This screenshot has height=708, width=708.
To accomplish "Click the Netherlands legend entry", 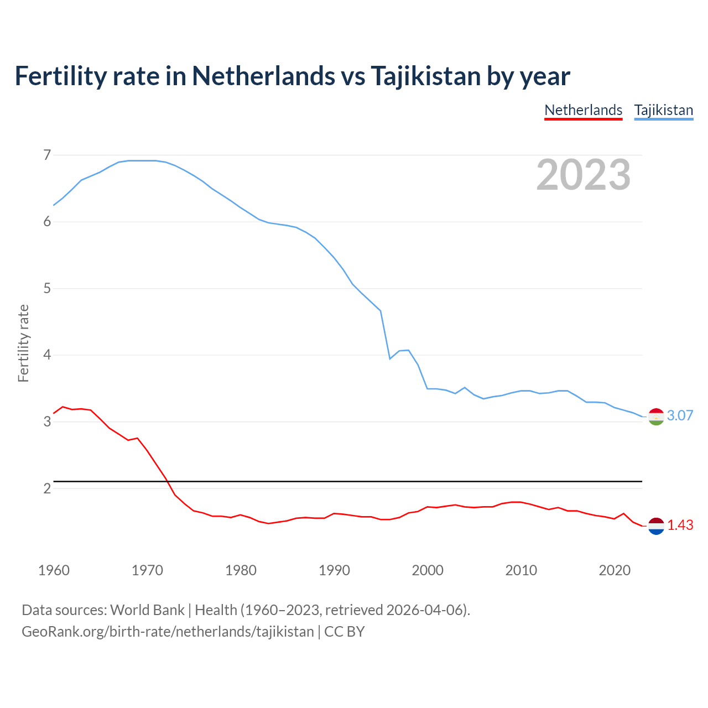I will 583,110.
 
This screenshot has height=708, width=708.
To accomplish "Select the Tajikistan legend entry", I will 663,110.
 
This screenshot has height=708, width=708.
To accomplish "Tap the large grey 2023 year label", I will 583,175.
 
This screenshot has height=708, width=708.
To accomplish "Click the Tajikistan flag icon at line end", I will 656,417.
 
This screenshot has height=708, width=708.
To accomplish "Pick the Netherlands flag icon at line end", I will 656,526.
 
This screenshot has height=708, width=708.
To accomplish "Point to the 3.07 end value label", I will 680,415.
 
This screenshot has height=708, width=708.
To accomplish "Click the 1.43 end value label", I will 680,525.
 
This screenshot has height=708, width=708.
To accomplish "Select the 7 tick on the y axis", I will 47,155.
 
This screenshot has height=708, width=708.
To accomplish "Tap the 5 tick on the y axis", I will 47,288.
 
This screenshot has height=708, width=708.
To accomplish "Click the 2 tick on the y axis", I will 47,488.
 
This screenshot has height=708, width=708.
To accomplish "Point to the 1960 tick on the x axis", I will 54,570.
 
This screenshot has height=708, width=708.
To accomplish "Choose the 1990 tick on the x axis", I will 334,570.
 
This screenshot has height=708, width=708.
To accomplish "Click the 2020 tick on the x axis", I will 615,570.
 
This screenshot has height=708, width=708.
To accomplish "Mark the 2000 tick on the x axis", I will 428,570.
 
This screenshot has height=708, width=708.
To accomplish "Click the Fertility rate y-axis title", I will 23,343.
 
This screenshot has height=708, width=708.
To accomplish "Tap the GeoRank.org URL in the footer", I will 168,632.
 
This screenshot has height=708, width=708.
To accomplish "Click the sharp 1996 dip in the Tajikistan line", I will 390,358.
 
